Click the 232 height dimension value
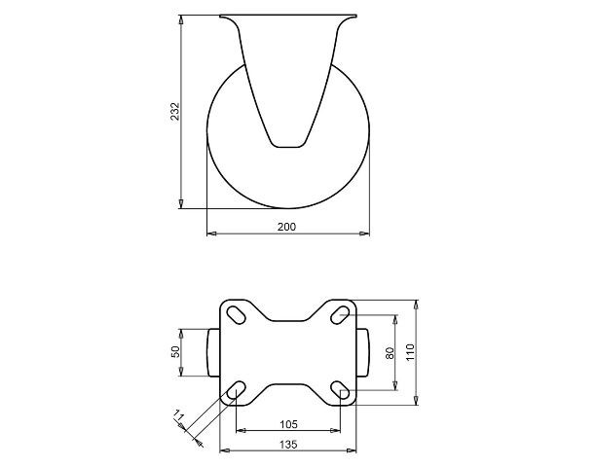174,112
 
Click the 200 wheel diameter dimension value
286,227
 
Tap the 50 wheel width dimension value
175,352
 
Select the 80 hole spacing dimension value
390,353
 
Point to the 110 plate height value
411,352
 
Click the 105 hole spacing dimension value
288,424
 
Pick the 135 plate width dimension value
288,445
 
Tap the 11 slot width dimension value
177,414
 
